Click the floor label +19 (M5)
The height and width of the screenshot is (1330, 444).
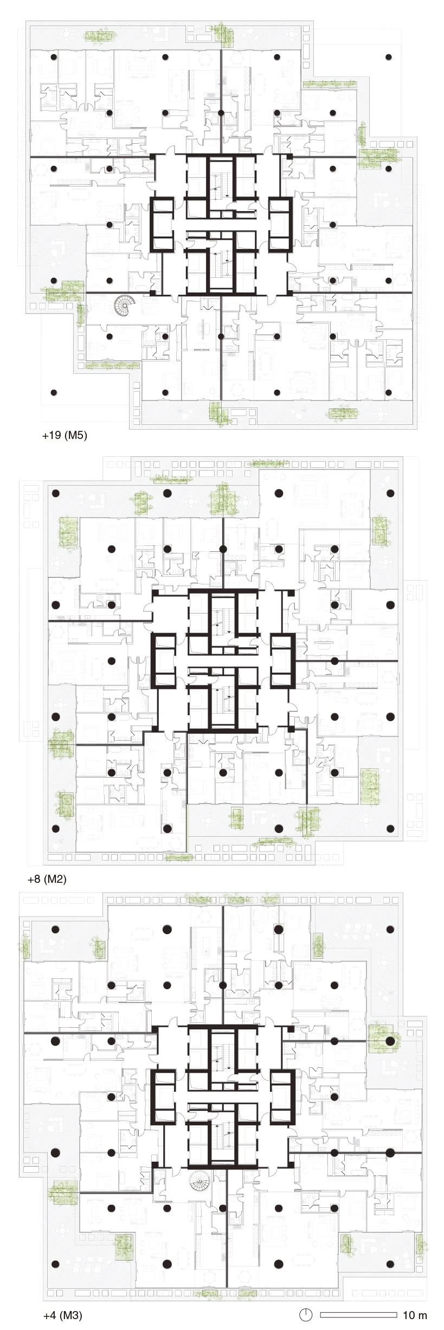click(x=65, y=435)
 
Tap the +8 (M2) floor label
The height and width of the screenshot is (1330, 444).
click(x=47, y=879)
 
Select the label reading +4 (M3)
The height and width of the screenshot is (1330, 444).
click(x=62, y=1315)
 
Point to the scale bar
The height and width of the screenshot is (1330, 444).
click(x=358, y=1315)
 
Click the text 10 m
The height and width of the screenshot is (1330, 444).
click(x=415, y=1315)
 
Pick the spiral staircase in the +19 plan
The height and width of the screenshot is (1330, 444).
click(x=127, y=307)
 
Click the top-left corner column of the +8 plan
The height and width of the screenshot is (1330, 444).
click(x=55, y=493)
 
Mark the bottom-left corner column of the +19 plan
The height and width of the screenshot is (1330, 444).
click(x=53, y=392)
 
